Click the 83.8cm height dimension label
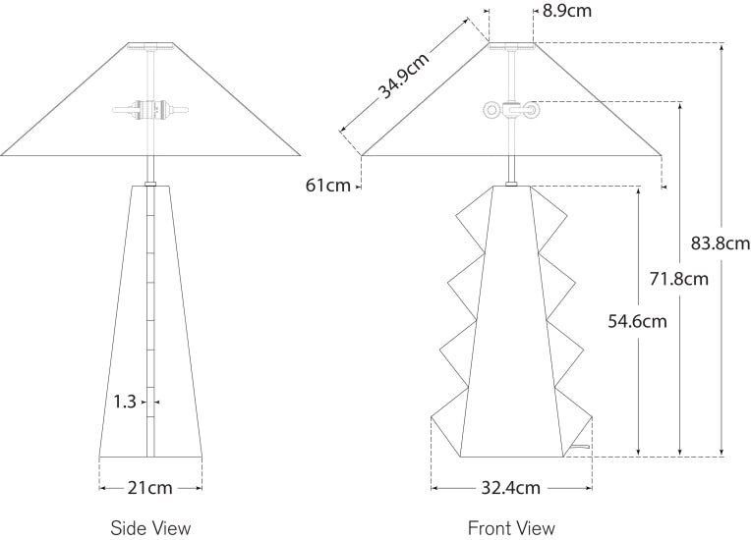coord(721,243)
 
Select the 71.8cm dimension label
coord(679,279)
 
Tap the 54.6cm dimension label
coord(638,320)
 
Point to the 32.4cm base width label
coord(511,487)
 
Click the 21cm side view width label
coord(150,487)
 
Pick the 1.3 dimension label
coord(124,401)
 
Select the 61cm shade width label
coord(328,186)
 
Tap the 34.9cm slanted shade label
coord(404,76)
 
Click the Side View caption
coord(150,528)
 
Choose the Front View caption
coord(511,528)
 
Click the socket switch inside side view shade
coord(149,108)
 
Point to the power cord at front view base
coord(582,449)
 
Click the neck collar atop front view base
coord(511,182)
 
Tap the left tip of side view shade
coord(3,154)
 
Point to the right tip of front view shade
coord(659,154)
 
